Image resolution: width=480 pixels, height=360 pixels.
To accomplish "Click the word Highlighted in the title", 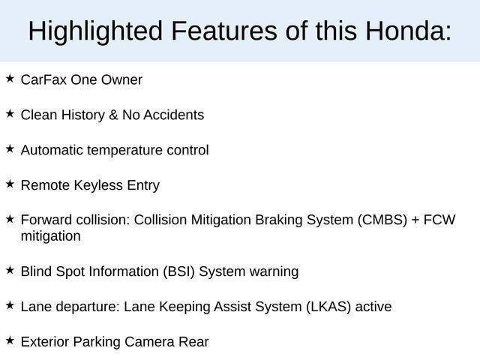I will (x=94, y=31).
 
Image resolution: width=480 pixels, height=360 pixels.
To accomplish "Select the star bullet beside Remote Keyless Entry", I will (x=10, y=183).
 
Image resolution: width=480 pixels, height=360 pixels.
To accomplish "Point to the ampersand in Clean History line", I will (x=114, y=115).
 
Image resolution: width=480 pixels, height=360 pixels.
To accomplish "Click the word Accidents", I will (x=175, y=115).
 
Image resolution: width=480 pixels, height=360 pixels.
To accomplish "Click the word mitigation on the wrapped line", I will (x=50, y=236).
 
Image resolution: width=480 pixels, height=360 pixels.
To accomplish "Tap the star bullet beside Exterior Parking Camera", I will (x=10, y=340).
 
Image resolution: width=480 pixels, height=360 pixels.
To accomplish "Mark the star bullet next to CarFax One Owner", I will (x=10, y=77).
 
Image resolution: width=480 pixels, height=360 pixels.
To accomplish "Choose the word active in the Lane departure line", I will (x=373, y=307).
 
